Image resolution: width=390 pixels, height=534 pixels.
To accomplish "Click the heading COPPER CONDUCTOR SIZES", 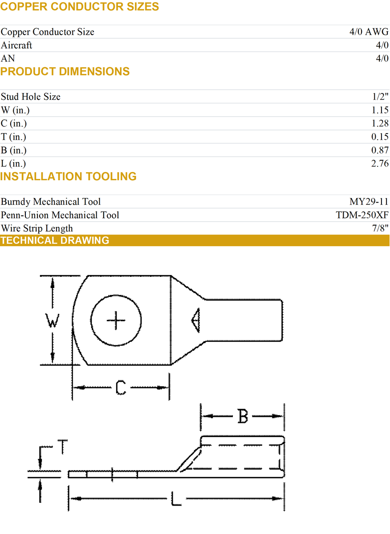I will click(80, 7).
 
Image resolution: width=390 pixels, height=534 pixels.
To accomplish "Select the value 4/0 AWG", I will click(369, 32).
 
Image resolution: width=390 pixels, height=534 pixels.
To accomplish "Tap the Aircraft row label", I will click(16, 45).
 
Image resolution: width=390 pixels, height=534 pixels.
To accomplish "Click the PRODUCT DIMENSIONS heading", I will click(65, 72).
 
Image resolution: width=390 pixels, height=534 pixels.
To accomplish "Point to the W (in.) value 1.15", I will click(380, 110).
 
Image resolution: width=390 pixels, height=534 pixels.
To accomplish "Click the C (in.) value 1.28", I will click(380, 124).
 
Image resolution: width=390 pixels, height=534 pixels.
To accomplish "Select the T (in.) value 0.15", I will click(380, 137).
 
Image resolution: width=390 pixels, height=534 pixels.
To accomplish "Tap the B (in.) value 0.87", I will click(380, 150).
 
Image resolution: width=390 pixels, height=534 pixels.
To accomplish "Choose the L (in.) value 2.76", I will click(380, 164).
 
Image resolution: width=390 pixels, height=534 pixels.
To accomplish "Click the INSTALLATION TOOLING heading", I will click(69, 177).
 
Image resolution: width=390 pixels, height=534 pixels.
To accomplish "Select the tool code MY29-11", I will click(369, 202).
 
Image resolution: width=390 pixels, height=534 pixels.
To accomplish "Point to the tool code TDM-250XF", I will click(362, 215).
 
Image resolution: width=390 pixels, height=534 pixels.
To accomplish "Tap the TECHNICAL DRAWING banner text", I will click(55, 241).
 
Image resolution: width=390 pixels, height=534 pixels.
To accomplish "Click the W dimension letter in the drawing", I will click(53, 320).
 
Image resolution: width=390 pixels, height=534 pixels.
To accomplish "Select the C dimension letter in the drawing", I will click(121, 388).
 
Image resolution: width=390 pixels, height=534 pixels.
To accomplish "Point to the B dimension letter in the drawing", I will click(243, 417).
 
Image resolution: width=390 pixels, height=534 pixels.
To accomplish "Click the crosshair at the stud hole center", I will click(117, 320).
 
